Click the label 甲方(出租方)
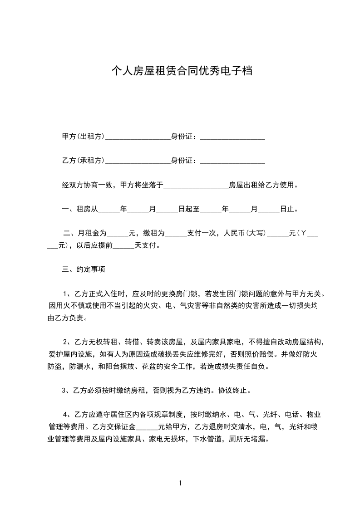pos(83,137)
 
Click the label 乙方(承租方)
pos(83,161)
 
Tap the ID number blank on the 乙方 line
pos(232,162)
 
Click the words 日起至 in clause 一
pos(188,209)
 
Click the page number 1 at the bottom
pos(181,483)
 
